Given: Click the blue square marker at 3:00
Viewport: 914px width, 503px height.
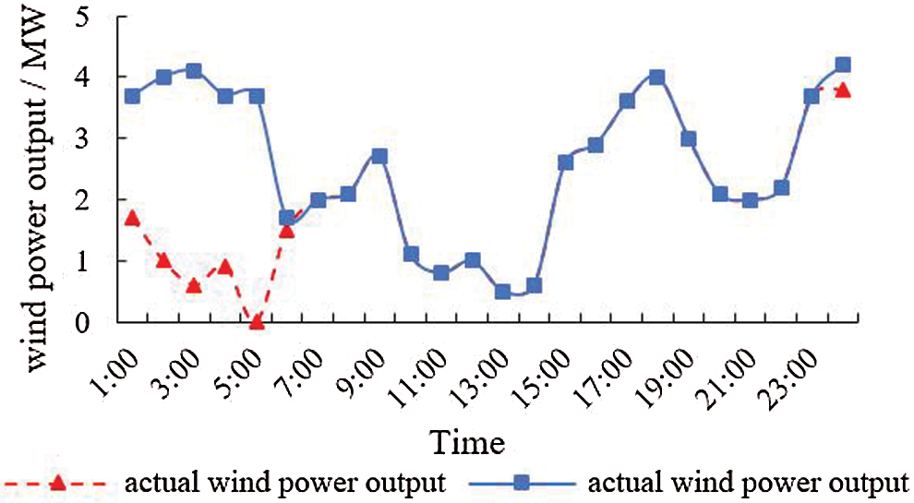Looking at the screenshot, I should pos(194,70).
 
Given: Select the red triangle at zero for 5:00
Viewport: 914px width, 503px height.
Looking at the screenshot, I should pos(257,322).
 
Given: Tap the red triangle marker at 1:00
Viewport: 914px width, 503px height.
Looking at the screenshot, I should pos(132,219).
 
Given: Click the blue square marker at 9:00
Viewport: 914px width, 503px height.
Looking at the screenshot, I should pos(379,156).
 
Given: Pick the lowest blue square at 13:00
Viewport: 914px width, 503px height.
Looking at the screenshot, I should pos(503,292).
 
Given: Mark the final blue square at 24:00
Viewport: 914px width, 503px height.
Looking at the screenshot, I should pos(842,65).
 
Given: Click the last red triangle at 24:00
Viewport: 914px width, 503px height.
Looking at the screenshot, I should pos(842,90).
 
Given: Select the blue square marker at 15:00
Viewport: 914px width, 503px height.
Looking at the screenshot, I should pos(565,162).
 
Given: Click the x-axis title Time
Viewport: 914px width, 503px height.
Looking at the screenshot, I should pos(472,443).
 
